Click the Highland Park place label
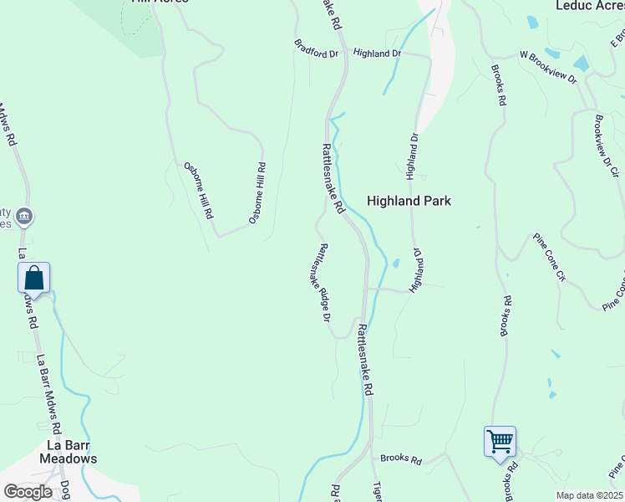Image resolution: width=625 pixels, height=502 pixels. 409,201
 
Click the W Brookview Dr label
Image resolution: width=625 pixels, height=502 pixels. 548,67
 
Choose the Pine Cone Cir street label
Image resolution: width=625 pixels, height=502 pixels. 550,258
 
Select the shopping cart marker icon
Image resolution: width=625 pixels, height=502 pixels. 500,441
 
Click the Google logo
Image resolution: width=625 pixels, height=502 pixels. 28,492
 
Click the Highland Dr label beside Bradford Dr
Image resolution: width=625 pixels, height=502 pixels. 378,54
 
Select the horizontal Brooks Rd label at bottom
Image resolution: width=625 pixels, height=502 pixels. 401,459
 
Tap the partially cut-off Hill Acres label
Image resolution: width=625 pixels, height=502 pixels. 159,3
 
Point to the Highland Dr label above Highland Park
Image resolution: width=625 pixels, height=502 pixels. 412,156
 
